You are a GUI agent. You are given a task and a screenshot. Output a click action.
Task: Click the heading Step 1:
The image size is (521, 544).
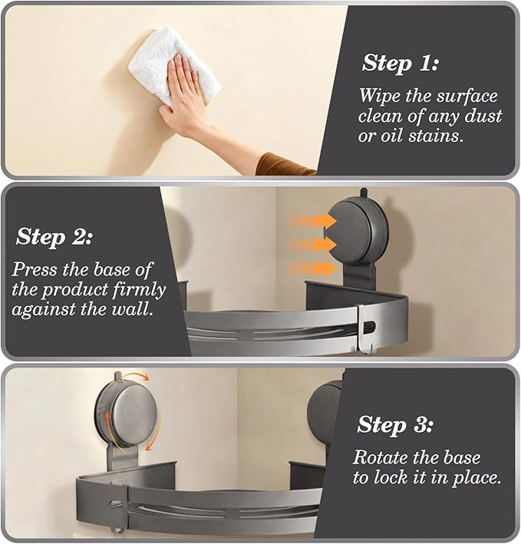400,63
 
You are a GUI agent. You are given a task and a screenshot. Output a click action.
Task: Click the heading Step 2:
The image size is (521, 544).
54,237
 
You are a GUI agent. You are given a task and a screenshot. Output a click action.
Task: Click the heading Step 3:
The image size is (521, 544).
395,424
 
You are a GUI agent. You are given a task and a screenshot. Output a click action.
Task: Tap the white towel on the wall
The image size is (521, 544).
173,64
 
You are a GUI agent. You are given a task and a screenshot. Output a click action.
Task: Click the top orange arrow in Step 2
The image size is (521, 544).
312,221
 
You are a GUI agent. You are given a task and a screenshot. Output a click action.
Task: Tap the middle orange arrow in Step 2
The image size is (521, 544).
312,245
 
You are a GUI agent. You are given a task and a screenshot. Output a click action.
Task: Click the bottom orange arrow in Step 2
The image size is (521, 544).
312,268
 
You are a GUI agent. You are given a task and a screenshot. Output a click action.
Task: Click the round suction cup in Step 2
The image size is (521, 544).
358,230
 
